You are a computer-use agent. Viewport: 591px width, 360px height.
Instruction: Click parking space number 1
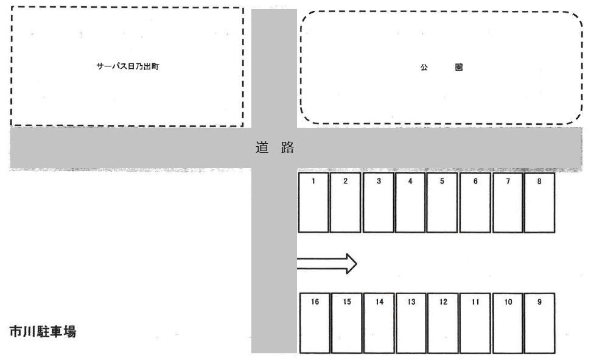[313, 203]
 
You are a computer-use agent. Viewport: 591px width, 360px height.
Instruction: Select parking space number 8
[539, 203]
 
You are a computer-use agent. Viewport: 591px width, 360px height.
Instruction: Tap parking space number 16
[315, 323]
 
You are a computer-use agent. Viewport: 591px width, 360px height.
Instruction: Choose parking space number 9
[539, 323]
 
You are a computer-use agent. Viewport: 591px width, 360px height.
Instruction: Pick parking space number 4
[410, 203]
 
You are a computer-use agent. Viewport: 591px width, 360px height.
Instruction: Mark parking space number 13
[411, 323]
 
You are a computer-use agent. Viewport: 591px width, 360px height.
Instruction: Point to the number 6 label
[475, 181]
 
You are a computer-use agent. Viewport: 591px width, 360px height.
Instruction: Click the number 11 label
[475, 302]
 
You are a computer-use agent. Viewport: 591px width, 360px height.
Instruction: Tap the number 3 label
[379, 181]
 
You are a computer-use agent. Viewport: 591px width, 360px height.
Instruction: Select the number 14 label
[379, 302]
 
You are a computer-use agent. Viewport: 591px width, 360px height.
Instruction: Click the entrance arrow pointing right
[327, 264]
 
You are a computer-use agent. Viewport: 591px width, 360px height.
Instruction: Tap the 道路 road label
[275, 147]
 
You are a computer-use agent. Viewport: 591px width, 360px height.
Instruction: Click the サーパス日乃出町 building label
[128, 66]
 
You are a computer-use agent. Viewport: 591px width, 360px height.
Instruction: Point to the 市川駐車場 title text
[43, 332]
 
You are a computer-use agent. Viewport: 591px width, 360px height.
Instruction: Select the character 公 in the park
[424, 68]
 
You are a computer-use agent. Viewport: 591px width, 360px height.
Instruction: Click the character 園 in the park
[459, 68]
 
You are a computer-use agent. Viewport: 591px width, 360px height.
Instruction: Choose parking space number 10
[508, 323]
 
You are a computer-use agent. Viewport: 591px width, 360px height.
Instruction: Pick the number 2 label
[345, 181]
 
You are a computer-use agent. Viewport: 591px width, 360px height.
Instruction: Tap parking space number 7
[508, 203]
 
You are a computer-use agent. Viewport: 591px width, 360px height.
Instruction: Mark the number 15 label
[347, 302]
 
